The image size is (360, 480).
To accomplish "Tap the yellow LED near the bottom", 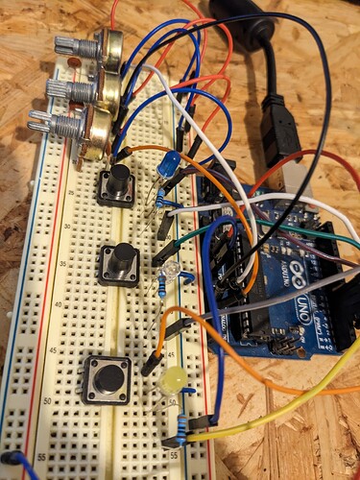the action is click(x=175, y=380).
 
